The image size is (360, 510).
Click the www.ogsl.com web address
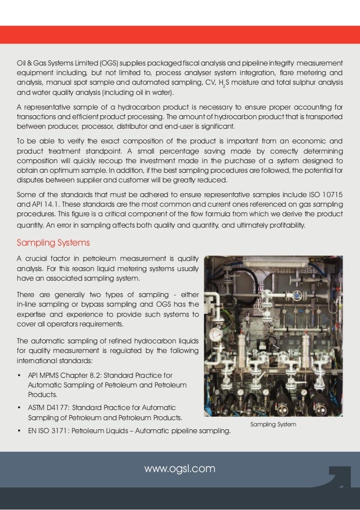click(180, 468)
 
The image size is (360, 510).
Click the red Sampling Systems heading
click(53, 243)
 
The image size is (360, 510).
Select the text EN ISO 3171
click(53, 432)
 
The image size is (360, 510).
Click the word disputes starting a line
click(30, 181)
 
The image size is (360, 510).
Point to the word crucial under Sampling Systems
click(37, 259)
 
